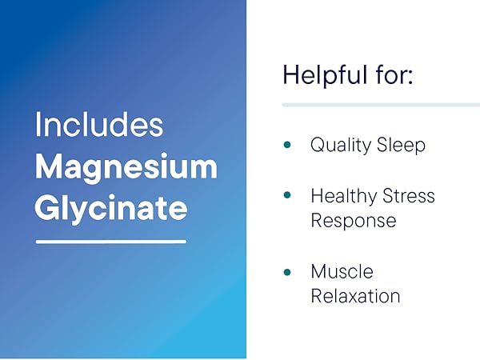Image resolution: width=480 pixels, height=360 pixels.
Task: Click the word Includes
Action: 99,126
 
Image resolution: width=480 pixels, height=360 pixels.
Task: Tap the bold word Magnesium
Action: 126,167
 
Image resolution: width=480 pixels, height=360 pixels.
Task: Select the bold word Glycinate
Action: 111,208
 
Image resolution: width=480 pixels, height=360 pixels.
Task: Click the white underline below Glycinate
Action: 111,241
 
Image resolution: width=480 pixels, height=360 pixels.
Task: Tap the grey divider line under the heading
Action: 380,104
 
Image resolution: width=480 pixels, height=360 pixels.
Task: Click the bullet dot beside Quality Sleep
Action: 287,146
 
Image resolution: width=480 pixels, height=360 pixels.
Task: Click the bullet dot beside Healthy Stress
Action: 287,196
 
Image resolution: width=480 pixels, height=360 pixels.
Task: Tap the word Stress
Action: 409,196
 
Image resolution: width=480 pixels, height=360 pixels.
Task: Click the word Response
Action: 353,220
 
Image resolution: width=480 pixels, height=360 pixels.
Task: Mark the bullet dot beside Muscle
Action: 287,272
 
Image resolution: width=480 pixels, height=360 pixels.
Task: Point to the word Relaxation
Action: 355,296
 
